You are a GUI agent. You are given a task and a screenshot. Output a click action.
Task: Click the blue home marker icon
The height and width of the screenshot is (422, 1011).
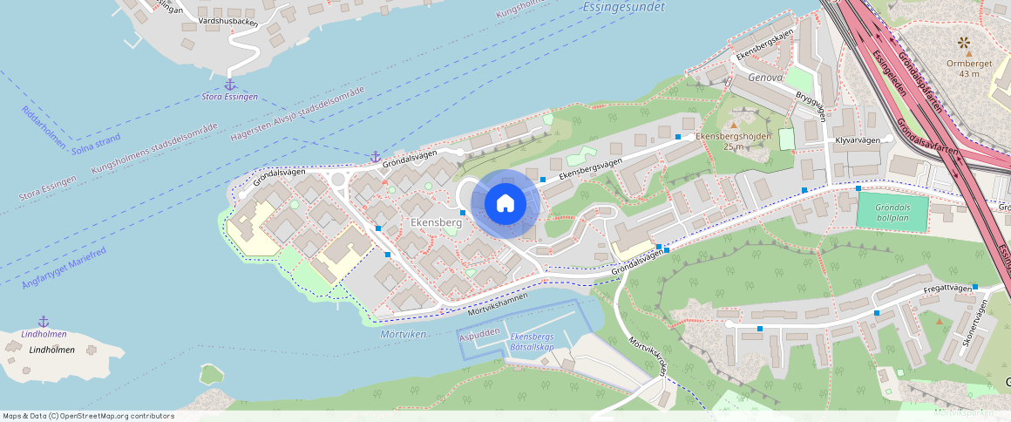[x=505, y=203]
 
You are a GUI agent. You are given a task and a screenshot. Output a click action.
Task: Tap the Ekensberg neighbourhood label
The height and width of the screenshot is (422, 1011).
[x=436, y=223]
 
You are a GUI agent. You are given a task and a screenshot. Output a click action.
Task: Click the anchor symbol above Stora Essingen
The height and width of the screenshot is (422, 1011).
[x=230, y=85]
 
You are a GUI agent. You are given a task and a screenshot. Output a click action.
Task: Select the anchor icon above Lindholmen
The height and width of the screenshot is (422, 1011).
[x=44, y=322]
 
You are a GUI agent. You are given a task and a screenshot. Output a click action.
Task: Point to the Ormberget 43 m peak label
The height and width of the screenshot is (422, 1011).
[x=963, y=68]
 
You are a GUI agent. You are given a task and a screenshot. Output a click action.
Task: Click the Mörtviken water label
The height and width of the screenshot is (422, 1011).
[x=403, y=334]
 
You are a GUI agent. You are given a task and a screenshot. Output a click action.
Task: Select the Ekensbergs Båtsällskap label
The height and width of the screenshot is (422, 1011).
[x=532, y=342]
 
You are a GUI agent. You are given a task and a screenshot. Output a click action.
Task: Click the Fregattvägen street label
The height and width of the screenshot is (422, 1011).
[x=947, y=289]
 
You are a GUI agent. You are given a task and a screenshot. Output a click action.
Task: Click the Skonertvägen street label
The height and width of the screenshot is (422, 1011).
[x=973, y=320]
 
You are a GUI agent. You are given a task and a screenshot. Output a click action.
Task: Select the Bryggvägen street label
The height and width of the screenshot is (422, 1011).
[x=810, y=108]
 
